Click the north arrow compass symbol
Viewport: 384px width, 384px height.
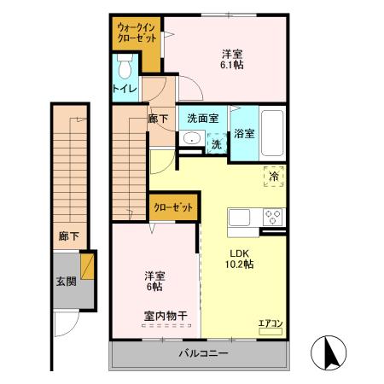(329, 352)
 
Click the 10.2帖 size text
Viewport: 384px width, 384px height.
(239, 265)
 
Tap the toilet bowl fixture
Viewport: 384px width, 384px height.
(125, 66)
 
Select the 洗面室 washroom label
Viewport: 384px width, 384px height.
(203, 119)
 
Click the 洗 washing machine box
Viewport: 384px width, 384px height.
(217, 144)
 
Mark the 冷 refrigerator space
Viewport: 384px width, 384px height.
(275, 177)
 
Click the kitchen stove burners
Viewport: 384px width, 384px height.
(273, 216)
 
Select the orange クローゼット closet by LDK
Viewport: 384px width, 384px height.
(174, 206)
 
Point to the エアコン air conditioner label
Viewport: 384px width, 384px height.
(270, 323)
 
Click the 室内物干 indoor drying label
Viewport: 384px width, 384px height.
(166, 316)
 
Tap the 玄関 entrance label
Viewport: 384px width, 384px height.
(65, 281)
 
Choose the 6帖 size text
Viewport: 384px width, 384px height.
(154, 288)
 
